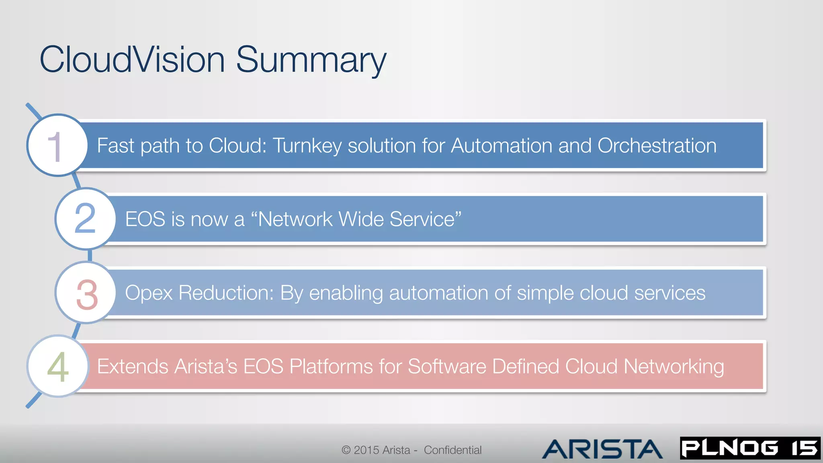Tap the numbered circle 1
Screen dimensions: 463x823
point(57,145)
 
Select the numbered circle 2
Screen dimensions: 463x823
point(85,219)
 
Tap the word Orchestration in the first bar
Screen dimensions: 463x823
point(657,145)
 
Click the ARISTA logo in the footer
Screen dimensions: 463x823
point(602,449)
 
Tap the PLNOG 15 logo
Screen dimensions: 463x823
point(750,448)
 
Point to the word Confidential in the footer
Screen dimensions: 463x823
point(452,450)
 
